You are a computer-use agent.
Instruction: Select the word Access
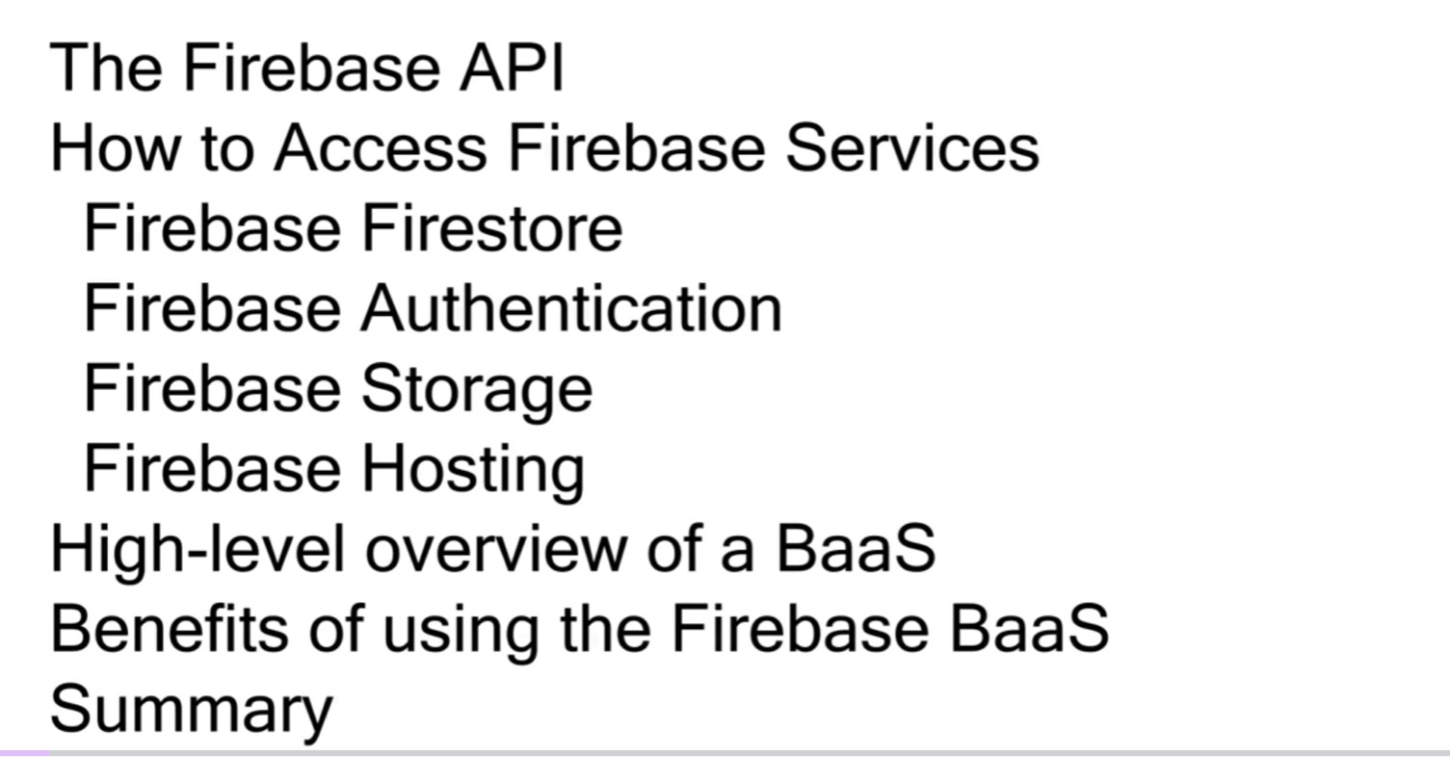[380, 148]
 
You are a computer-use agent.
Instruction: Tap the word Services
[912, 148]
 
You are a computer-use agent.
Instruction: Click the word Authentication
[571, 308]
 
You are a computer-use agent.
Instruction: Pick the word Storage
[477, 390]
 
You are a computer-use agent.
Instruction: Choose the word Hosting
[472, 470]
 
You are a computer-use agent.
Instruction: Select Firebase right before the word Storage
[212, 388]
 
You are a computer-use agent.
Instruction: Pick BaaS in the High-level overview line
[855, 548]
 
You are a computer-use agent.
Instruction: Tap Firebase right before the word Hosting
[212, 468]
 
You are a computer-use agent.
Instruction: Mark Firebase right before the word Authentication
[212, 308]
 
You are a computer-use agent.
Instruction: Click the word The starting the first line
[107, 67]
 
